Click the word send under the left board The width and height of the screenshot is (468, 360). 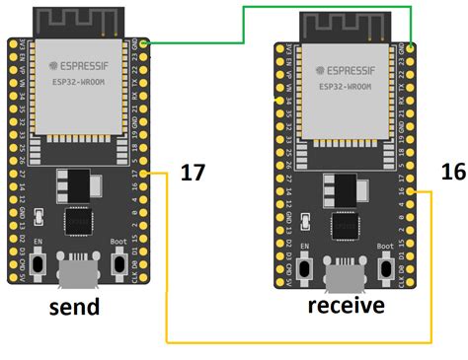pos(75,306)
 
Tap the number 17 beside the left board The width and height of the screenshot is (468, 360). pos(193,174)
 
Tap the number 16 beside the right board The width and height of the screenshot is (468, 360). pos(452,172)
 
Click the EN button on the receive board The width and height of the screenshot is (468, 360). pos(305,264)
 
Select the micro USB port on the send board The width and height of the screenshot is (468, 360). pos(78,269)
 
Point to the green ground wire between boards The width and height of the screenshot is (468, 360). pos(244,25)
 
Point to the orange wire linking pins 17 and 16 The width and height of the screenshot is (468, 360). pos(296,340)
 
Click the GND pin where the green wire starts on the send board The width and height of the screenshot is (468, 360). pos(145,44)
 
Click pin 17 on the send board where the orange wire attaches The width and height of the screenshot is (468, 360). pos(145,175)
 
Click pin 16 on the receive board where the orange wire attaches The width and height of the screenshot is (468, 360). pos(412,191)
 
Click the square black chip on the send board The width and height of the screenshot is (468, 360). pos(78,221)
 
